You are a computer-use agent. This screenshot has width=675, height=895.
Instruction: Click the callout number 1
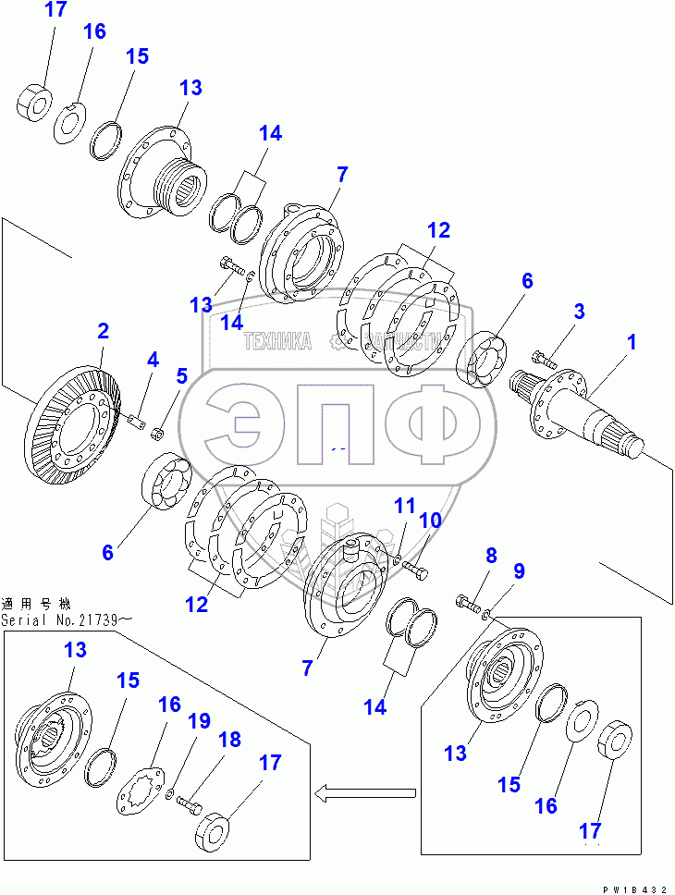(x=632, y=343)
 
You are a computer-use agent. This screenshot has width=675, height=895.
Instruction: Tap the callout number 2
(x=103, y=331)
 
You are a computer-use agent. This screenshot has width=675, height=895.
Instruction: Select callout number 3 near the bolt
(x=579, y=311)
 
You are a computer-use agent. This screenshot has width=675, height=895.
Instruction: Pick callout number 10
(x=430, y=521)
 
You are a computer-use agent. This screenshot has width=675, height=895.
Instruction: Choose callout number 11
(x=405, y=506)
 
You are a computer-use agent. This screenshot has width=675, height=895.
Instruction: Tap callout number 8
(x=491, y=556)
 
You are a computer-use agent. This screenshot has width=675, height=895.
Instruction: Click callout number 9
(x=519, y=571)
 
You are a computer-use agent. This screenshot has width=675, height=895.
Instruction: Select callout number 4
(x=153, y=359)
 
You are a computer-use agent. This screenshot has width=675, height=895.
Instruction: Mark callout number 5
(x=181, y=375)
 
